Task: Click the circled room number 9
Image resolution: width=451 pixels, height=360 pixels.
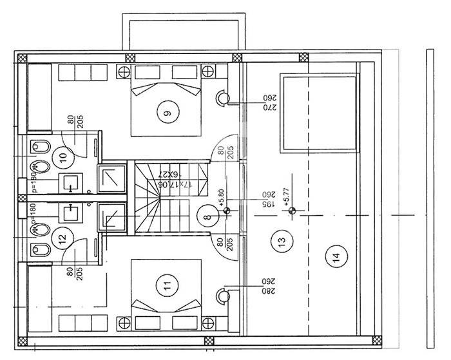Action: click(x=168, y=113)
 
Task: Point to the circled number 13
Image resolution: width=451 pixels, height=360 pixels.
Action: click(x=278, y=243)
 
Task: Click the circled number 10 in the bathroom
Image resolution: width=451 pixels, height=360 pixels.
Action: click(x=62, y=155)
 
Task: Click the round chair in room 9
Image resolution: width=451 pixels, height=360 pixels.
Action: click(x=222, y=98)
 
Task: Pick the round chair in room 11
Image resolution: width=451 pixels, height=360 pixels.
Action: click(x=222, y=296)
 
